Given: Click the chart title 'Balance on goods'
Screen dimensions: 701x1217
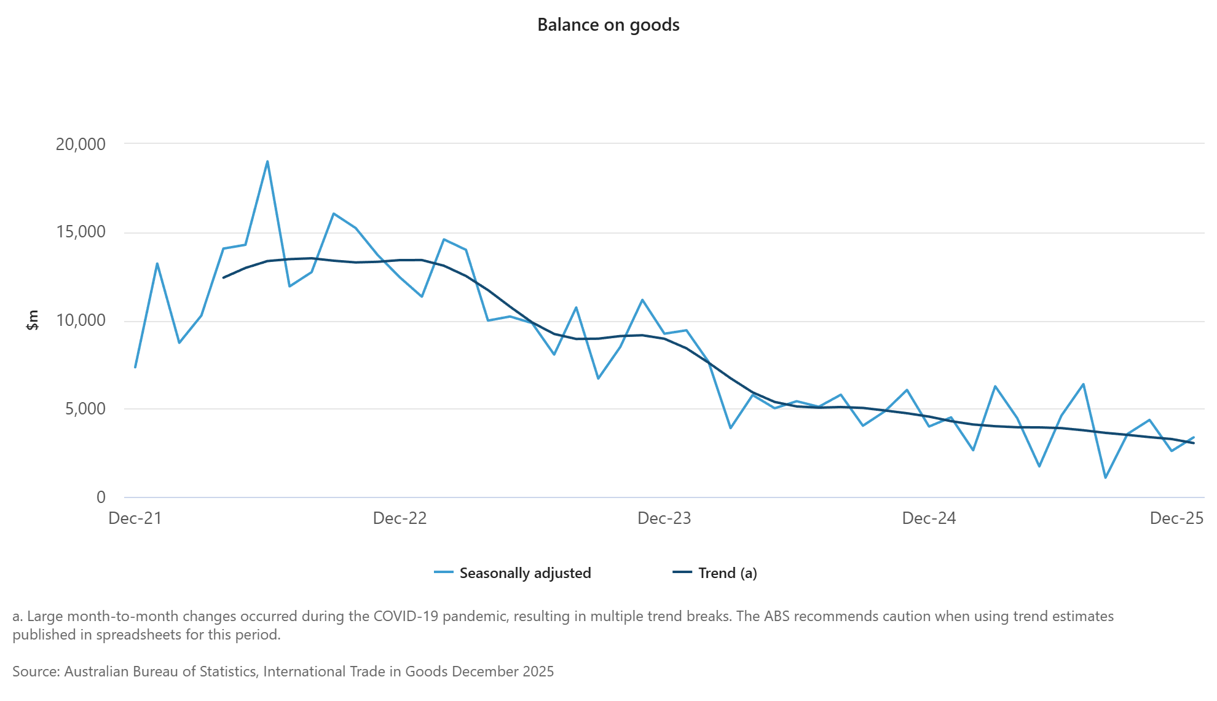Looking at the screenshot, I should (608, 25).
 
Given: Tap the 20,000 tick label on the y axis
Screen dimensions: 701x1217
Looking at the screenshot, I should (81, 145).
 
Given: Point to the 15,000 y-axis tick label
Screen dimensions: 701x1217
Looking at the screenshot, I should (81, 232).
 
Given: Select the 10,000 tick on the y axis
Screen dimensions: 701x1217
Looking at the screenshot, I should (81, 320).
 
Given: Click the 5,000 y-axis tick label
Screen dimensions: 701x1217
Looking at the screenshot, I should (85, 409).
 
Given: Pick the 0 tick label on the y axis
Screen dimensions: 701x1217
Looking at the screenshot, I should (101, 497).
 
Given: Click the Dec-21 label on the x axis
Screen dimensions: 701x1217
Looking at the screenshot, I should (135, 518).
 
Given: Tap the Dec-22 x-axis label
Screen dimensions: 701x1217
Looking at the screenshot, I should (400, 518).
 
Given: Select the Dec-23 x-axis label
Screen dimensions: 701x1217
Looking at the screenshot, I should (664, 518).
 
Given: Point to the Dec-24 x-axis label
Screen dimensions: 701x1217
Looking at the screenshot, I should (929, 518).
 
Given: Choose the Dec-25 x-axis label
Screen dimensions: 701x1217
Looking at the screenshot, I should (1176, 518).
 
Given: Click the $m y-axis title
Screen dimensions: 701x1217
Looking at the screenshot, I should (33, 320).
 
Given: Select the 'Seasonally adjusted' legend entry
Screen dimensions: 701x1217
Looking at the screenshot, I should (525, 573).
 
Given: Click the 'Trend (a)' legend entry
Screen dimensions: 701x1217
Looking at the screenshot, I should (727, 573).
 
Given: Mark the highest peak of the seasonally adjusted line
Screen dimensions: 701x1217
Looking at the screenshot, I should (267, 162).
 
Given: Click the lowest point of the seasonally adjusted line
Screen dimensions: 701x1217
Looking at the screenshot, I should (1105, 477).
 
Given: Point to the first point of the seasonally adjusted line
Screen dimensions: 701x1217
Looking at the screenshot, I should (135, 367).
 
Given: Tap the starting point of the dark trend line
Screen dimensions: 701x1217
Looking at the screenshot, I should (223, 278).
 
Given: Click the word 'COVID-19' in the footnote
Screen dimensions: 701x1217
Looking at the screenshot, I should (404, 616).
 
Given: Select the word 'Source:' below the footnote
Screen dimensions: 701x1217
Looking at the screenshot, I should (36, 671).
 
